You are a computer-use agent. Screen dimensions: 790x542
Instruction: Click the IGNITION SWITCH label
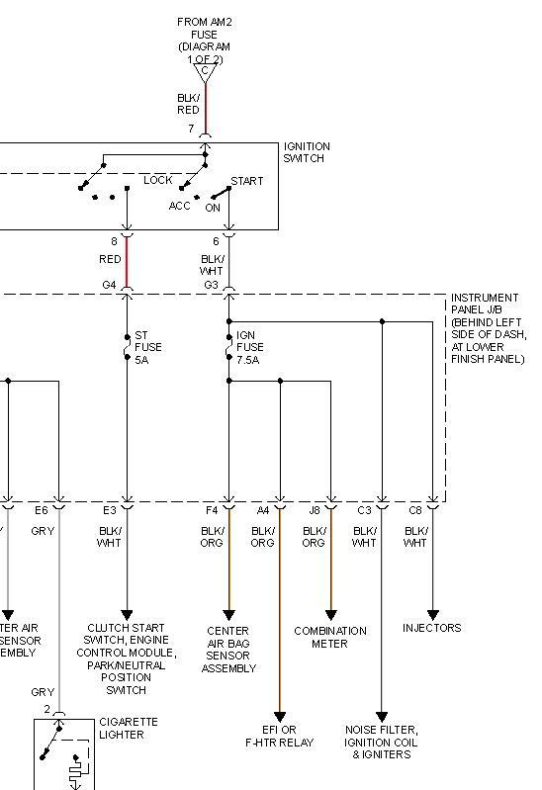pos(307,152)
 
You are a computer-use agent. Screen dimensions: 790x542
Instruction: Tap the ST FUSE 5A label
pos(148,347)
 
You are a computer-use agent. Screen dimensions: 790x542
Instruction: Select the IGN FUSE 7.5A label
pos(248,347)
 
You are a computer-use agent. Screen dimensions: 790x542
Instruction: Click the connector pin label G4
pos(109,285)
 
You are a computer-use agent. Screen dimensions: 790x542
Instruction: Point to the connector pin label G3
pos(211,285)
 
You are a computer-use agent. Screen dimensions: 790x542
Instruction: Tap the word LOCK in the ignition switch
pos(158,180)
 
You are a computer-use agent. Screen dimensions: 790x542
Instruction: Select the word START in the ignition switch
pos(246,181)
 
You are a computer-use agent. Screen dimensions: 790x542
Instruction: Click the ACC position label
pos(179,206)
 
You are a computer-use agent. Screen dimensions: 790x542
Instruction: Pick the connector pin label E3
pos(109,510)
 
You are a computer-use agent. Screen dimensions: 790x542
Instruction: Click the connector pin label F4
pos(211,510)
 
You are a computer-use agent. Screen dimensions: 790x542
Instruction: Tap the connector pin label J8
pos(314,510)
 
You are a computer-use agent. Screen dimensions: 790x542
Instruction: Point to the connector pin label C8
pos(414,510)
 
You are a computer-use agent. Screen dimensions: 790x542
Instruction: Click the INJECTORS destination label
pos(432,628)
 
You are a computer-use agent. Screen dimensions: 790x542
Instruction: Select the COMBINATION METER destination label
pos(330,637)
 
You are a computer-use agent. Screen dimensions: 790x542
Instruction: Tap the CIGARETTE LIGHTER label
pos(128,729)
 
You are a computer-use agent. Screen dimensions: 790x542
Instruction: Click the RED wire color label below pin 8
pos(110,259)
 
